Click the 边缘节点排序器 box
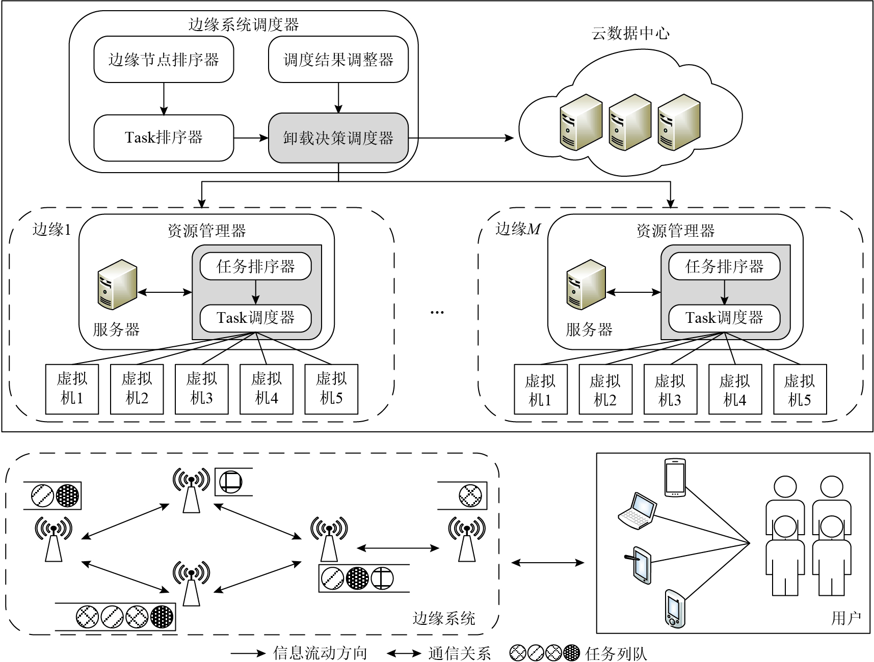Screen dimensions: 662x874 coord(164,60)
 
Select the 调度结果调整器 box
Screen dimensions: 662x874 coord(338,60)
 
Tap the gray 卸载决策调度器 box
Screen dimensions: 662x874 coord(338,138)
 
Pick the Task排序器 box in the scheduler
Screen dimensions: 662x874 coord(164,138)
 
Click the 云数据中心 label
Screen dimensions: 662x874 coord(630,34)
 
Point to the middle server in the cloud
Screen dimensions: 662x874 coord(630,122)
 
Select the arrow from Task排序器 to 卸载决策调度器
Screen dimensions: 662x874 coord(251,138)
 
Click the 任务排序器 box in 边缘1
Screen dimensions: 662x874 coord(255,266)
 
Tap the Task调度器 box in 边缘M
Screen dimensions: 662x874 coord(724,318)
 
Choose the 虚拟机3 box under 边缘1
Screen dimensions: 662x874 coord(201,389)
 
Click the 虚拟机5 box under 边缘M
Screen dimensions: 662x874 coord(800,390)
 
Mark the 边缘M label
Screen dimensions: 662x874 coord(518,229)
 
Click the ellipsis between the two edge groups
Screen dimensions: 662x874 coord(437,312)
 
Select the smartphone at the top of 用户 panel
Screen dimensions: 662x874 coord(675,478)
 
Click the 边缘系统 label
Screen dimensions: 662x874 coord(443,618)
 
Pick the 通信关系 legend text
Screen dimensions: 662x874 coord(459,653)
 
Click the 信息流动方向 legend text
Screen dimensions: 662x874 coord(320,653)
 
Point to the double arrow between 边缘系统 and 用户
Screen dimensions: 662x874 coord(547,563)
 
